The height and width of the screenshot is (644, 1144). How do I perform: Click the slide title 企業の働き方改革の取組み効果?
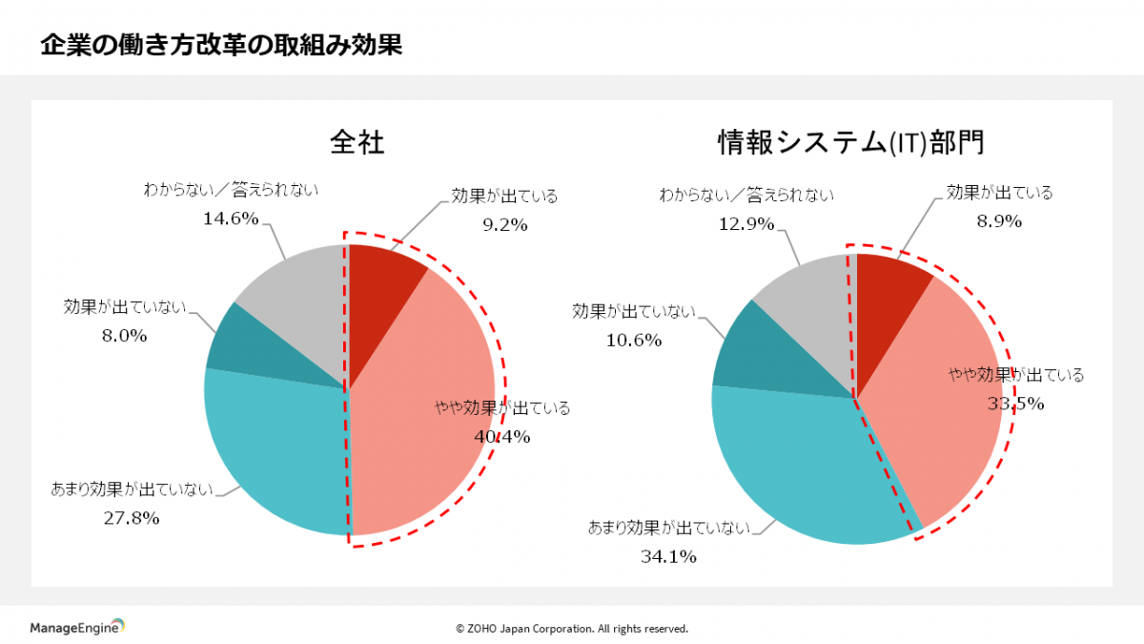(221, 45)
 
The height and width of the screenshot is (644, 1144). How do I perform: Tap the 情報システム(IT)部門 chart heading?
(850, 143)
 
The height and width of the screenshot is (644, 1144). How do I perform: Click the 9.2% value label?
(504, 225)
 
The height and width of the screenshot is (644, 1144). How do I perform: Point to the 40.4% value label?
(502, 437)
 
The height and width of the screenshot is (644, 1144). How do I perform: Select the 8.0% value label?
(124, 335)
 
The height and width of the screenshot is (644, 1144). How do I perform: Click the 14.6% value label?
(231, 218)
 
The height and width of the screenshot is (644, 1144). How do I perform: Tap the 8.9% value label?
(999, 221)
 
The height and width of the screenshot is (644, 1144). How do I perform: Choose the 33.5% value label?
(1016, 403)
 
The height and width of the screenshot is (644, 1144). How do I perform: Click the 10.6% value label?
(634, 340)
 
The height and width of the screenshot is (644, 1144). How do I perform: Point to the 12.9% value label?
(746, 224)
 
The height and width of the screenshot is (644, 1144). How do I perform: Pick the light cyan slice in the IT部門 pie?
(801, 467)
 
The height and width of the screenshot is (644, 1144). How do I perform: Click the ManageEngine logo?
(77, 627)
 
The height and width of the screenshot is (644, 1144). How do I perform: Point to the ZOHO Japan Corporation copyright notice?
(572, 629)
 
